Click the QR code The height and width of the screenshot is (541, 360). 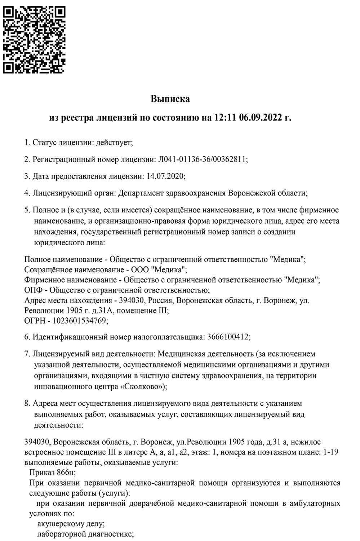[34, 40]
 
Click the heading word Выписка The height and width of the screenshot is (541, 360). [170, 99]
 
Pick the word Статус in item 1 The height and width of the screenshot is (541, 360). [43, 142]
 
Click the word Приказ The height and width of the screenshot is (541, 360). [41, 472]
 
